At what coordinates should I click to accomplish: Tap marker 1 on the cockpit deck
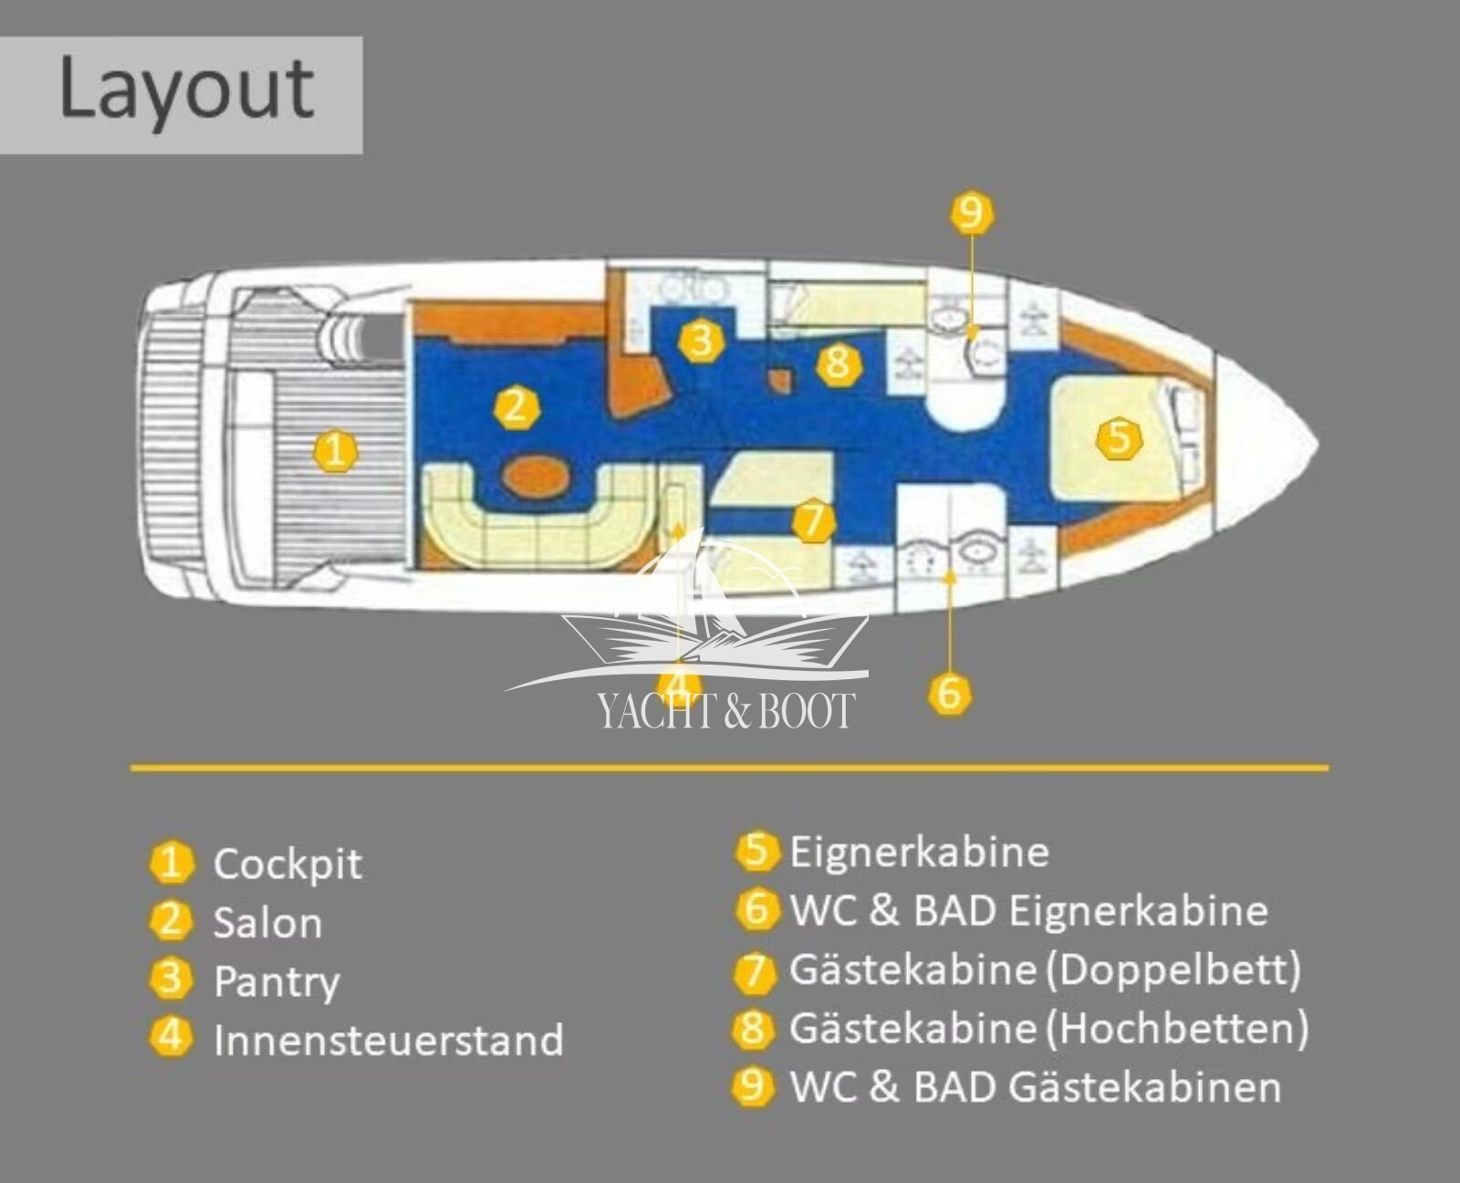tap(335, 451)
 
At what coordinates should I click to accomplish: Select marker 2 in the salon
tap(516, 406)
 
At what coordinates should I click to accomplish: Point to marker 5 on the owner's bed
tap(1119, 438)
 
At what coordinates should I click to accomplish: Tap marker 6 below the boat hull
tap(950, 694)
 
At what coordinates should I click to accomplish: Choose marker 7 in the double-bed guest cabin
tap(813, 521)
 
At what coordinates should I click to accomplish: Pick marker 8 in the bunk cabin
tap(838, 362)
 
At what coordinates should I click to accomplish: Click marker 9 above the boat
tap(972, 213)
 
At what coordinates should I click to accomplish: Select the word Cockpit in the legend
tap(287, 864)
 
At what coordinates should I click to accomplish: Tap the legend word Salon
tap(268, 923)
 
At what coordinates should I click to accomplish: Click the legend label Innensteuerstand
tap(389, 1041)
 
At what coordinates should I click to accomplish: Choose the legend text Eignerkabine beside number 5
tap(920, 853)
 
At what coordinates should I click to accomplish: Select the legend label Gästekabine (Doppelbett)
tap(1046, 969)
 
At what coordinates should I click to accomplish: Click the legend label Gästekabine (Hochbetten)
tap(1049, 1029)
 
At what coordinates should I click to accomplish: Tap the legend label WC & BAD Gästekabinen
tap(1036, 1087)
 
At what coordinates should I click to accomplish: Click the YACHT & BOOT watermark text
tap(726, 710)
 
